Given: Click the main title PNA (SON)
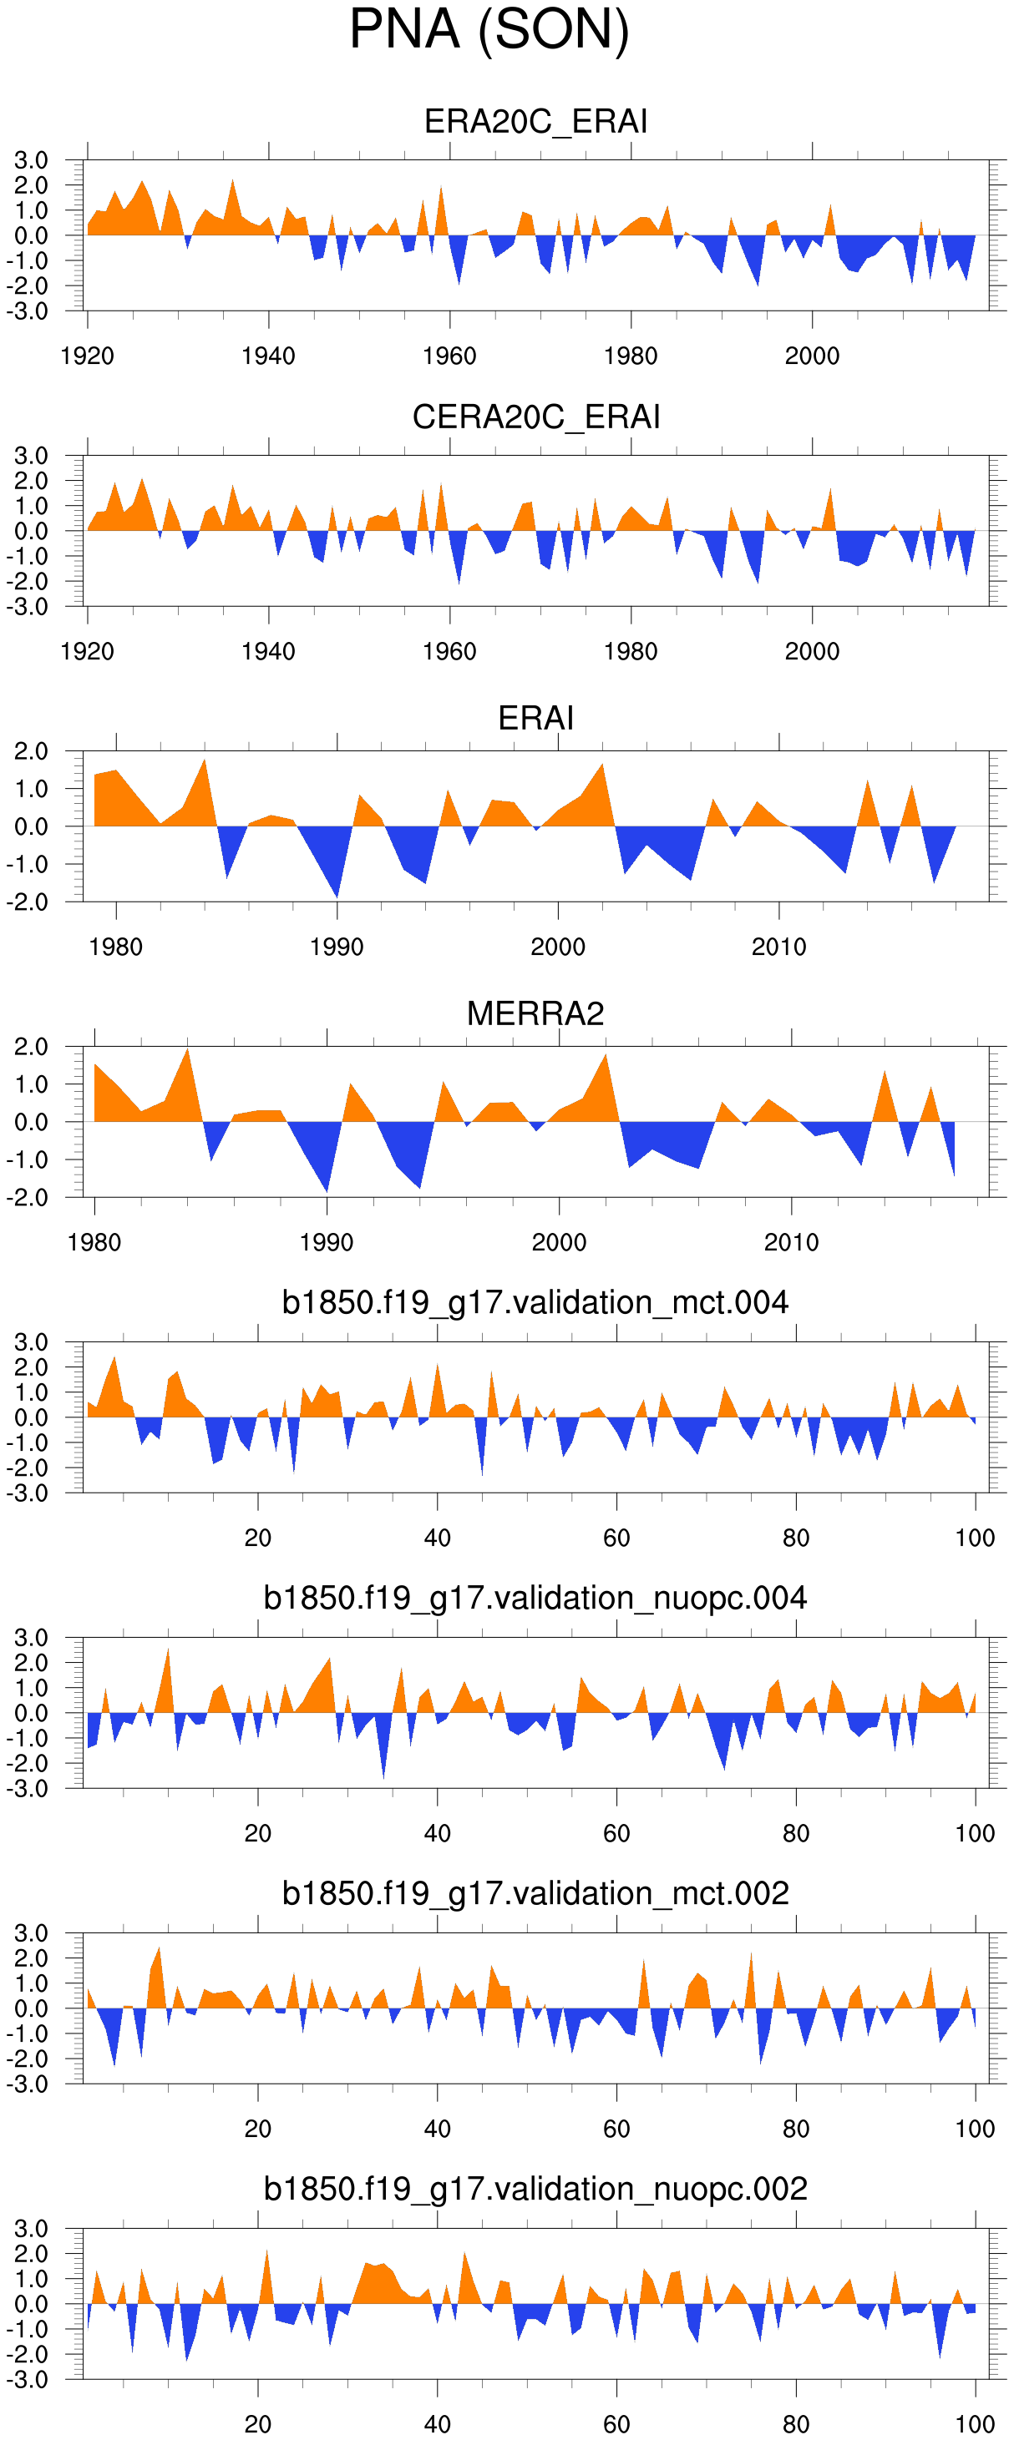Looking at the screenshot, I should point(489,29).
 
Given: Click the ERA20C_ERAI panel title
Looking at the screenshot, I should point(535,121).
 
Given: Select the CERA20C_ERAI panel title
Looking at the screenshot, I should point(535,417).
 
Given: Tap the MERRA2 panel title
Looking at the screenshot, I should point(535,1013).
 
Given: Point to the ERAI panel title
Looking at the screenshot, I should point(535,718).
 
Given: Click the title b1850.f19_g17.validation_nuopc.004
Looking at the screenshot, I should point(535,1598).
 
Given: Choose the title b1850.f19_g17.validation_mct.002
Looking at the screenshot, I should point(535,1893).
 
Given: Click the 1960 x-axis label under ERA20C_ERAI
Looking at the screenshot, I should point(449,356).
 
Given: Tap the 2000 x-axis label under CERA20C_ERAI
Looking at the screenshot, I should point(812,652).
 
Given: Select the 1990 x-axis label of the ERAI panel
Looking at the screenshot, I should point(337,947).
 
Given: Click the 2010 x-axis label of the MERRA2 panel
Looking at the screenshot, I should point(791,1243).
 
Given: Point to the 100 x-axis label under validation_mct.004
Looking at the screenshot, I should point(974,1538).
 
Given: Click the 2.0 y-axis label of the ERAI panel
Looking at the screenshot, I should point(30,752).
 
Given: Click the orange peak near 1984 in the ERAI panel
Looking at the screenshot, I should point(205,765).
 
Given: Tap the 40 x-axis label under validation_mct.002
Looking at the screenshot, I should point(437,2129).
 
